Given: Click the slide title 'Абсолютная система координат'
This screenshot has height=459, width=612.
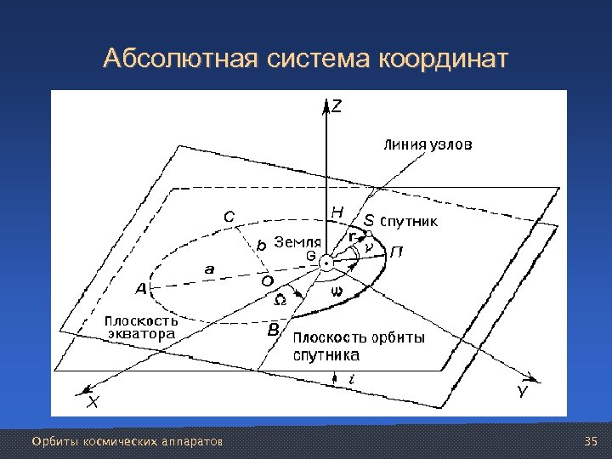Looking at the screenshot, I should click(306, 59).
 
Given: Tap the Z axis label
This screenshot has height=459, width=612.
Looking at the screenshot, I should click(337, 107).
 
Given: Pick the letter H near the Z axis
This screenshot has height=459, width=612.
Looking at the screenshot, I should click(337, 212).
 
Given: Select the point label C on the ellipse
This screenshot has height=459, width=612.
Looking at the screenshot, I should click(229, 217).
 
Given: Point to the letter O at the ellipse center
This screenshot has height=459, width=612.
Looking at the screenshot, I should click(266, 281).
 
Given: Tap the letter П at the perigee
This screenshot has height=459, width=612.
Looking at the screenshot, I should click(397, 252).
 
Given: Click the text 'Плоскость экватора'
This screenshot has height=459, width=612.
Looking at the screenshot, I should click(141, 328).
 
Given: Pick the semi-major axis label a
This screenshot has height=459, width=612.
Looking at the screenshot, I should click(209, 269).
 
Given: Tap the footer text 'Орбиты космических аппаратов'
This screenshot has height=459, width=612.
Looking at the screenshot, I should click(127, 443).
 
